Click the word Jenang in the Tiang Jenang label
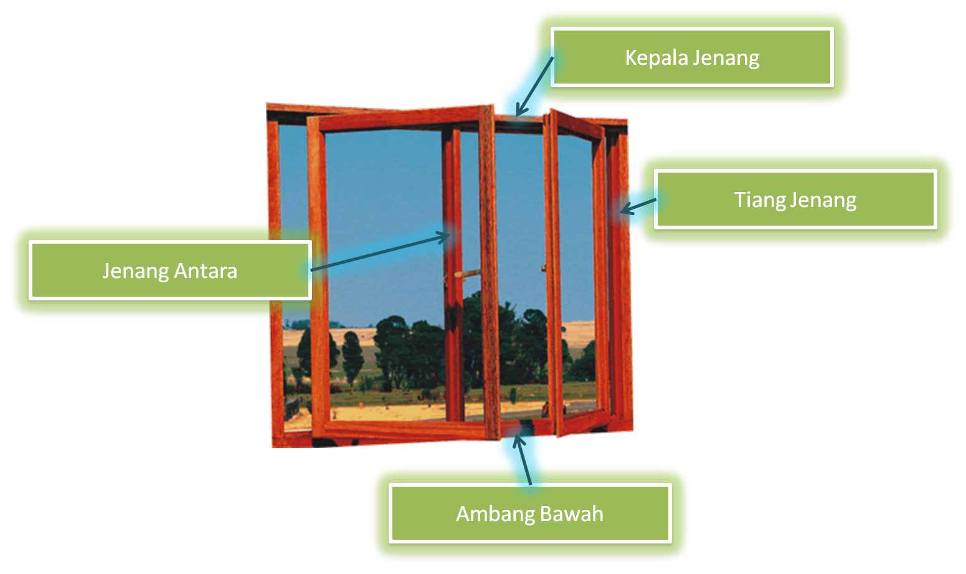[823, 200]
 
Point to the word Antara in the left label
[206, 271]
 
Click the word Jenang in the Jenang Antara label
[135, 271]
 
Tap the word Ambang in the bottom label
[496, 514]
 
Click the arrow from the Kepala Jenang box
[534, 87]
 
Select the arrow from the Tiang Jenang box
[638, 206]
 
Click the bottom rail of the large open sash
[405, 429]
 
